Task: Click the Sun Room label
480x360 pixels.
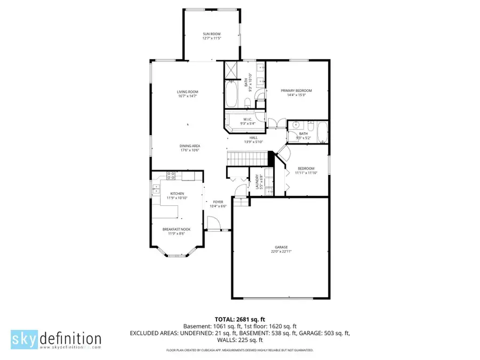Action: (211, 34)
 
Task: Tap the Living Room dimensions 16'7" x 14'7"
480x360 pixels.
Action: (187, 96)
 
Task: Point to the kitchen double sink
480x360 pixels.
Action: (155, 188)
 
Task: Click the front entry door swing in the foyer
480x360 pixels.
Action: (213, 222)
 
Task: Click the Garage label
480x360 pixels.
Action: (281, 247)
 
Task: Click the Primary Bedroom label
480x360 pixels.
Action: (296, 91)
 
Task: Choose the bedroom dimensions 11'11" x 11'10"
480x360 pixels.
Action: (307, 173)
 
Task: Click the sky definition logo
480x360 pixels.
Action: (56, 339)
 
